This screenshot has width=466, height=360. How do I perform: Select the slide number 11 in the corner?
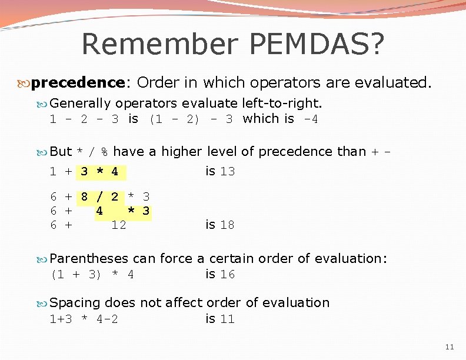(450, 347)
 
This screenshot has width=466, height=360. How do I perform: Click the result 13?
(227, 172)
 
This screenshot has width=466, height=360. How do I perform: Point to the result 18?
(227, 225)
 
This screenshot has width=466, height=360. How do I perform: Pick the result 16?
(227, 275)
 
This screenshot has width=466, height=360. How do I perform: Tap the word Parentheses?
(89, 259)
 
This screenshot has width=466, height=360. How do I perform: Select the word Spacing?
(75, 303)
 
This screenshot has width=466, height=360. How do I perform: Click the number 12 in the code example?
(119, 225)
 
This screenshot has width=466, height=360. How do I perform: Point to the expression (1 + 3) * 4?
(92, 275)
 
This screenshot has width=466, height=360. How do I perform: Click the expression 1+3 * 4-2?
(84, 319)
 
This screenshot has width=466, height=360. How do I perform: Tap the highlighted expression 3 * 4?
(99, 172)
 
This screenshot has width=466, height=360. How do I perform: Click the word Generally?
(81, 104)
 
